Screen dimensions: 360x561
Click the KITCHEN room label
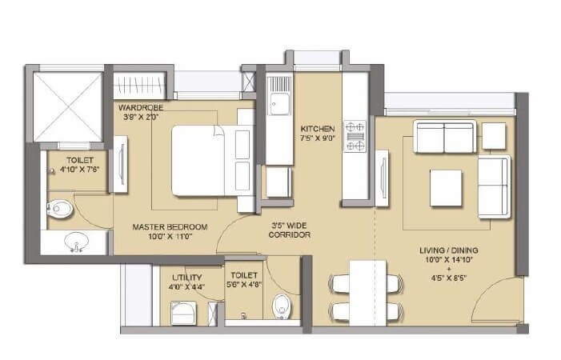317,128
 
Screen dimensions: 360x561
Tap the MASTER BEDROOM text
170,227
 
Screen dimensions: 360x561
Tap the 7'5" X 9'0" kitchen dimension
317,139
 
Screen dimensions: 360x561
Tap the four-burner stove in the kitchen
355,136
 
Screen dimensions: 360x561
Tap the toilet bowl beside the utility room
279,306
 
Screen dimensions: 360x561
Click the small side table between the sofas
495,135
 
